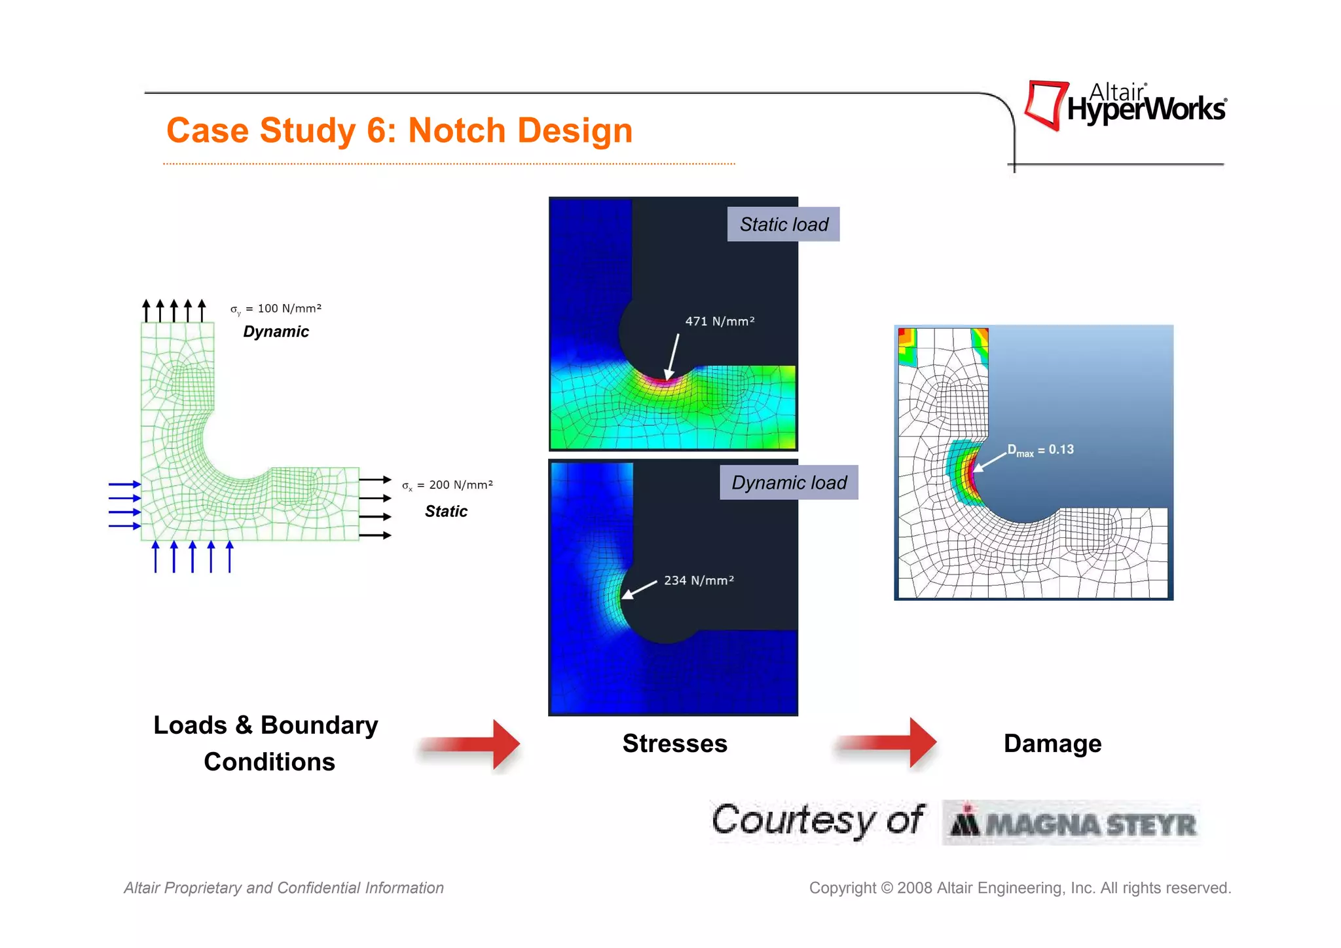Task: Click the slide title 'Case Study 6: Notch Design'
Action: coord(399,130)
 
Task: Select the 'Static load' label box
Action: coord(783,225)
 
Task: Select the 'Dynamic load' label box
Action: coord(788,483)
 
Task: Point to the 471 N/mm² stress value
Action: coord(720,321)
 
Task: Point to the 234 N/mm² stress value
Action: coord(699,580)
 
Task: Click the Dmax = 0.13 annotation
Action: coord(1040,450)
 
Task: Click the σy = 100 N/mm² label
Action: coord(276,309)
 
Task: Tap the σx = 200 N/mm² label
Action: coord(447,485)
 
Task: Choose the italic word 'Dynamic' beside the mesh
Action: coord(276,332)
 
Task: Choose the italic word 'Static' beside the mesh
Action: coord(446,511)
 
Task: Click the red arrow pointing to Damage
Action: coord(887,743)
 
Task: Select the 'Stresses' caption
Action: coord(674,744)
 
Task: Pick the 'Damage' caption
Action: coord(1052,744)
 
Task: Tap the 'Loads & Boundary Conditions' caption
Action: coord(266,744)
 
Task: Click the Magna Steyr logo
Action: coord(1073,823)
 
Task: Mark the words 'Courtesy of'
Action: coord(817,820)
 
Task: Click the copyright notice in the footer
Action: coord(1020,888)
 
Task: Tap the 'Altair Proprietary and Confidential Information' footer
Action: coord(284,888)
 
